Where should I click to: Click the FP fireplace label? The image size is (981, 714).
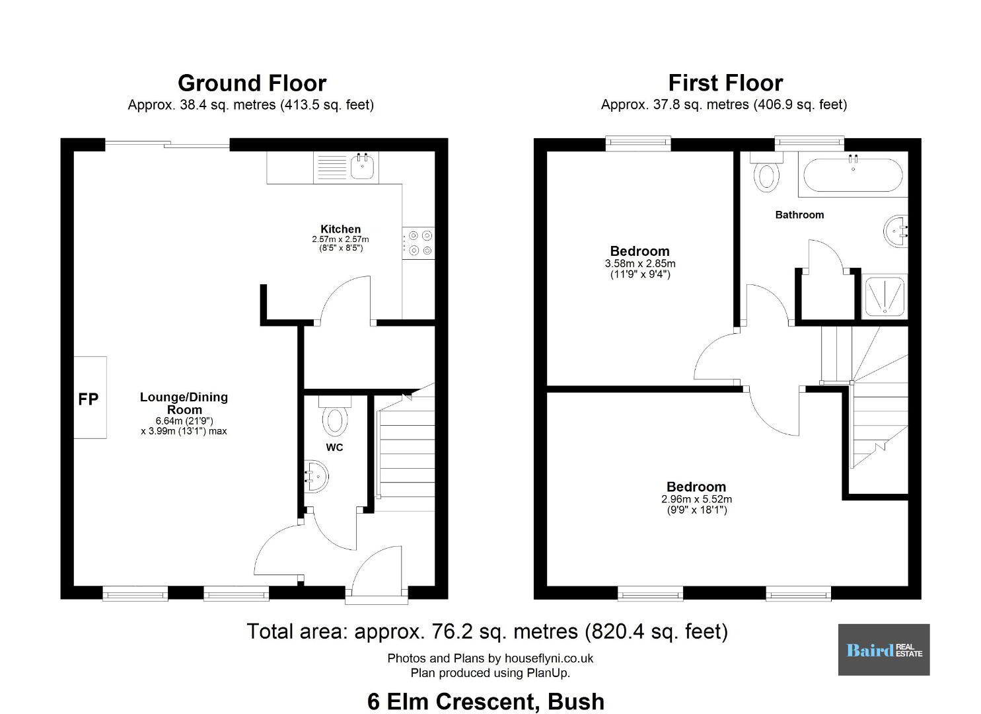point(88,399)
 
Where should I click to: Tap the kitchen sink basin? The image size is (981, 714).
point(362,167)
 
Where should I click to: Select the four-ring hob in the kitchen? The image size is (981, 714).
point(418,243)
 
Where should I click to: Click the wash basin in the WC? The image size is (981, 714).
point(316,476)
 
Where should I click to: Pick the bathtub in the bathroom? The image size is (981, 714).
point(853,175)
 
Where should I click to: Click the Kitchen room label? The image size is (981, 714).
point(341,229)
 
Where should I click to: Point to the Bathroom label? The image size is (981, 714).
point(799,215)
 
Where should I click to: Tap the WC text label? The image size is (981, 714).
point(334,448)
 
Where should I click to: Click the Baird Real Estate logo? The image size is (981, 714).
point(884,650)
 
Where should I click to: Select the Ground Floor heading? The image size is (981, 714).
point(252,83)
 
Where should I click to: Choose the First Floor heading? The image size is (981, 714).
point(726,83)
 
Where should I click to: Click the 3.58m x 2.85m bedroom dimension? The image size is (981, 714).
point(640,264)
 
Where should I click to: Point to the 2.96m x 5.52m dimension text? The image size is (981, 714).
point(696,499)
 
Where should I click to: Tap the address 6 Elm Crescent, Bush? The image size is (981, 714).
point(486,701)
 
